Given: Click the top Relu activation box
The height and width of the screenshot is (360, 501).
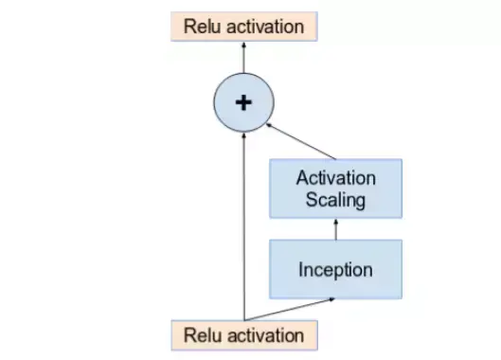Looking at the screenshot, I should point(243,26).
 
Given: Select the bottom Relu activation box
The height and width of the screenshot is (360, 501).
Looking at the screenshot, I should point(243,334).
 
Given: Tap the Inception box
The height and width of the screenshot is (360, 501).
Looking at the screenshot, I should point(335,269).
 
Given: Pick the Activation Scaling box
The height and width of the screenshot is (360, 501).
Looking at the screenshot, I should point(335,189).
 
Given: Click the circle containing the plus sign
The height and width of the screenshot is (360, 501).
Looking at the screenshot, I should point(243,101).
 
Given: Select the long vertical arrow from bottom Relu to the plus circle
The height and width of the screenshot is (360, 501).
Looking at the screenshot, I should point(244,227).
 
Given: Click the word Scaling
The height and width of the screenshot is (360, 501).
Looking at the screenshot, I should point(336,200).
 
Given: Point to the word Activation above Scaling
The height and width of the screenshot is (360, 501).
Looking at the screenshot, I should point(336,178).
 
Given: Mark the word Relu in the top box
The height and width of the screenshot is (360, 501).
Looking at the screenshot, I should point(201,26).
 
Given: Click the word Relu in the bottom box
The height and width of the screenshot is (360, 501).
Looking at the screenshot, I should point(201,334).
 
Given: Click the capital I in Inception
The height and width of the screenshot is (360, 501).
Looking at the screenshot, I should point(301,269).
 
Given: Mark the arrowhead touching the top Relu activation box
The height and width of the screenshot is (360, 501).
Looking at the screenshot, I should point(243,44).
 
